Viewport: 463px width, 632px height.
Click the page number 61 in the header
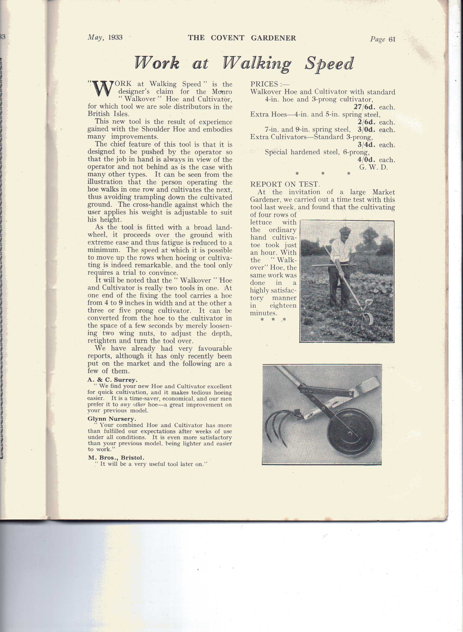392,39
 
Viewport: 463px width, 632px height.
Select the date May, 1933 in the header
105,38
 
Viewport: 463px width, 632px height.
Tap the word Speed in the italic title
329,64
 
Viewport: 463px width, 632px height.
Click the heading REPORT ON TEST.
284,184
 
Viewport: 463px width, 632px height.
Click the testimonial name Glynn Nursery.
112,419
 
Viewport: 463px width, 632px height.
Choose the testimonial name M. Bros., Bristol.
116,458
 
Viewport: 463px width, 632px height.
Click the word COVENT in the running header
227,38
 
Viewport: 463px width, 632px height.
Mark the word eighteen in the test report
283,305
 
